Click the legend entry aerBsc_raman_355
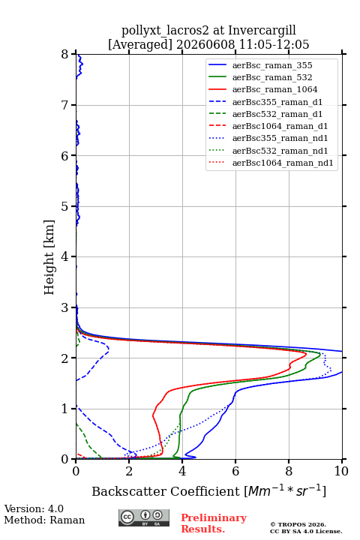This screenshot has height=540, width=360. pyautogui.click(x=272, y=65)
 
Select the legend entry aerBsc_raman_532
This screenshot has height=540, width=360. pyautogui.click(x=272, y=77)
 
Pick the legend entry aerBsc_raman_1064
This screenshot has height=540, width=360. pyautogui.click(x=275, y=89)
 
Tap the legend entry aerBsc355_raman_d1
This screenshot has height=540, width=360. pyautogui.click(x=277, y=102)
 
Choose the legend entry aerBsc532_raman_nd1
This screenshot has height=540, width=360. pyautogui.click(x=280, y=151)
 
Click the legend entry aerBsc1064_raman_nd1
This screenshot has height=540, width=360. pyautogui.click(x=283, y=163)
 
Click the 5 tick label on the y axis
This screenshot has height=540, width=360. pyautogui.click(x=65, y=207)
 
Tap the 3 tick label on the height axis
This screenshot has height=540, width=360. pyautogui.click(x=65, y=307)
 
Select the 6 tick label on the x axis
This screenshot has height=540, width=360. pyautogui.click(x=235, y=471)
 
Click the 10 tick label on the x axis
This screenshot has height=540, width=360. pyautogui.click(x=341, y=471)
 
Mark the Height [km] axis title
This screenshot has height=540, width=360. pyautogui.click(x=49, y=257)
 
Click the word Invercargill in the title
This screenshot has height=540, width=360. pyautogui.click(x=262, y=31)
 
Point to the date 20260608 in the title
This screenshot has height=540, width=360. pyautogui.click(x=205, y=44)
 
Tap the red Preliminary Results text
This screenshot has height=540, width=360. pyautogui.click(x=214, y=523)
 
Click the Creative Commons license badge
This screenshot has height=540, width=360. pyautogui.click(x=144, y=518)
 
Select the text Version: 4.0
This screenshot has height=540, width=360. pyautogui.click(x=34, y=508)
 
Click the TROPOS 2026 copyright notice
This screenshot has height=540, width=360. pyautogui.click(x=298, y=524)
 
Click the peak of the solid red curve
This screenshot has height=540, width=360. pyautogui.click(x=306, y=354)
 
